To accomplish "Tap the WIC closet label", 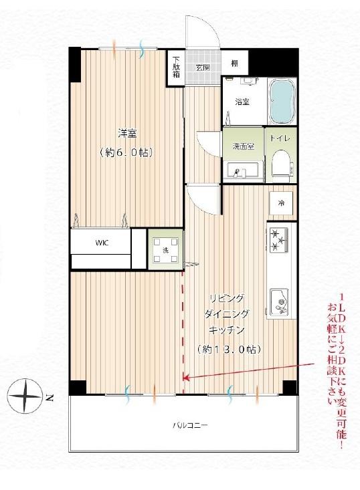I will tap(102, 243).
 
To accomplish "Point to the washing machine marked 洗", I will tap(165, 249).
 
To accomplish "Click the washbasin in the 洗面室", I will tap(238, 172).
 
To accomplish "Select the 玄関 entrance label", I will tap(203, 67).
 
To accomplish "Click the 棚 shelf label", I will tap(236, 64).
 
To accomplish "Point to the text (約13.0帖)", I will tap(230, 349).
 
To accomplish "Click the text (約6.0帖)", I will tap(127, 152).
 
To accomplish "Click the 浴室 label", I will tap(242, 102).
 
